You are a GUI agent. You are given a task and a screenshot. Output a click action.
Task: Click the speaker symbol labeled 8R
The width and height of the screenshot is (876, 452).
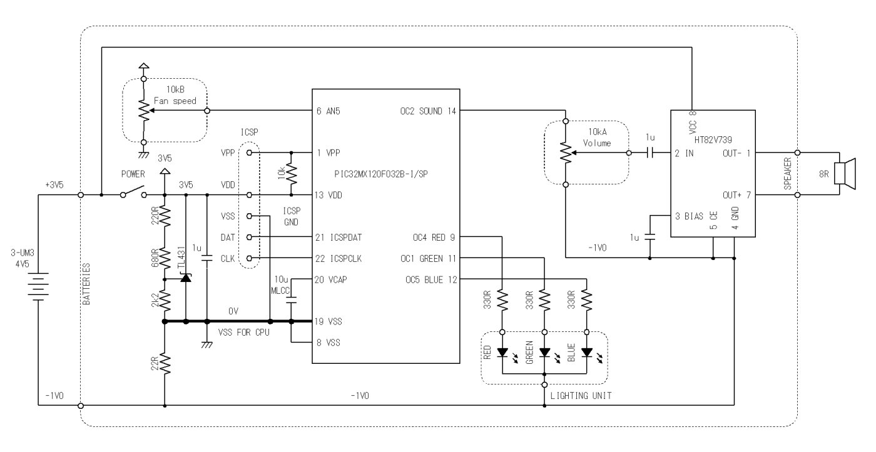(844, 173)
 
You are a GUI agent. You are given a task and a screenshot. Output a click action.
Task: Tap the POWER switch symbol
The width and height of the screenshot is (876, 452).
(133, 192)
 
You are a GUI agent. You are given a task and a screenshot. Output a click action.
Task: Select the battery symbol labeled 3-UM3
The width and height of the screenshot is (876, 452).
(38, 286)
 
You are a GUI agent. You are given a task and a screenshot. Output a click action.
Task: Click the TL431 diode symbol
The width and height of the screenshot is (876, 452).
(186, 278)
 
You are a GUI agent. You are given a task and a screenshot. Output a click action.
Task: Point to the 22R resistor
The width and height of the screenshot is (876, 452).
(165, 364)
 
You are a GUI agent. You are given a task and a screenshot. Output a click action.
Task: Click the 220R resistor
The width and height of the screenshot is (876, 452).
(165, 216)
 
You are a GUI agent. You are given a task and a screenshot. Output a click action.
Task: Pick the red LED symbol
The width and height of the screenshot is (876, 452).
(502, 353)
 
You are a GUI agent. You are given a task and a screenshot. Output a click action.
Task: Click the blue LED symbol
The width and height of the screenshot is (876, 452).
(587, 353)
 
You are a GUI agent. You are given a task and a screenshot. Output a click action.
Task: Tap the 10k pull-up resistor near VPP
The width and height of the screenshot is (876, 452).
(292, 173)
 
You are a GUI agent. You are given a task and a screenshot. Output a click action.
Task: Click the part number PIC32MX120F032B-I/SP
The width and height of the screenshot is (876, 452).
(381, 174)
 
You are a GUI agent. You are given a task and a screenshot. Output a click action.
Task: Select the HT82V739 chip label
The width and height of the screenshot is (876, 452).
(713, 140)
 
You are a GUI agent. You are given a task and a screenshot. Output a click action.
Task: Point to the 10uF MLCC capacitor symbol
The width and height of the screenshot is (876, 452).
(292, 300)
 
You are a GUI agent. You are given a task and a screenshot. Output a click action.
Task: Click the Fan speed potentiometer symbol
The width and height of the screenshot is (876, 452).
(145, 111)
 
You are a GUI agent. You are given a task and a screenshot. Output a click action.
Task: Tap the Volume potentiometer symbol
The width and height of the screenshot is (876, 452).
(566, 153)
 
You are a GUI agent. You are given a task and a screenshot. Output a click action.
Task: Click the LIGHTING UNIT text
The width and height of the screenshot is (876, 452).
(581, 396)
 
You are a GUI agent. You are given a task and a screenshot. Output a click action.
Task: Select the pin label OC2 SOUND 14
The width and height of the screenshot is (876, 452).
(428, 111)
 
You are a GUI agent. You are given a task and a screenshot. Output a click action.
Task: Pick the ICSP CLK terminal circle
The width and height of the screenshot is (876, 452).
(249, 258)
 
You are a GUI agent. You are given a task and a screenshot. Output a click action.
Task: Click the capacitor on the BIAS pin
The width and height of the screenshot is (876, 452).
(649, 237)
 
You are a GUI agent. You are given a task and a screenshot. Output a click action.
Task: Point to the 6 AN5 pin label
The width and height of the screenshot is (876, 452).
(328, 111)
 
